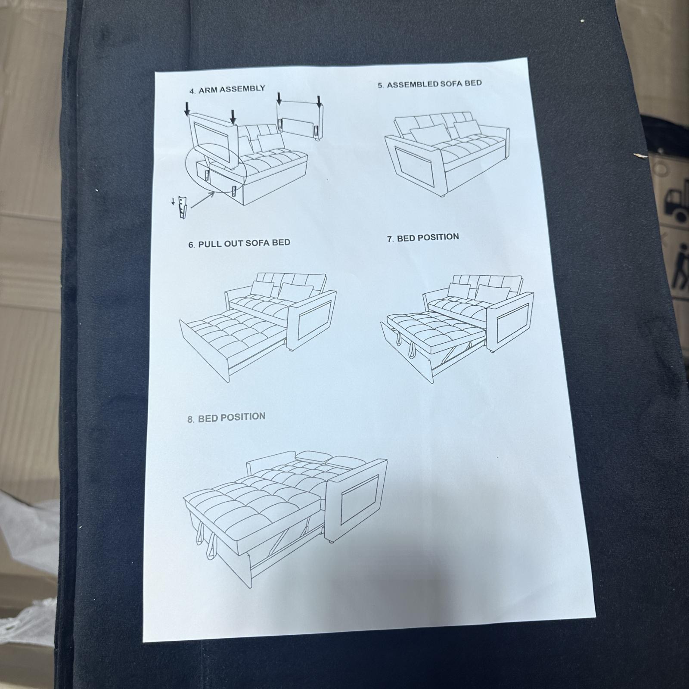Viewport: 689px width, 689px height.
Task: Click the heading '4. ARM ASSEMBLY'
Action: [x=227, y=90]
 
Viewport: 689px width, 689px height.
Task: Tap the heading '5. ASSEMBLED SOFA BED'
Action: [x=430, y=84]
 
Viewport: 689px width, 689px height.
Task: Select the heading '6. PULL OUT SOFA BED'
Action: [x=239, y=243]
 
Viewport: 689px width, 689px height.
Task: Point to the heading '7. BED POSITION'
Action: [x=423, y=238]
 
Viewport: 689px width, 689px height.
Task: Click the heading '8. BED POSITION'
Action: [x=227, y=417]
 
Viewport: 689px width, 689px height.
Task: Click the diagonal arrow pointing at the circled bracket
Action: [x=202, y=201]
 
